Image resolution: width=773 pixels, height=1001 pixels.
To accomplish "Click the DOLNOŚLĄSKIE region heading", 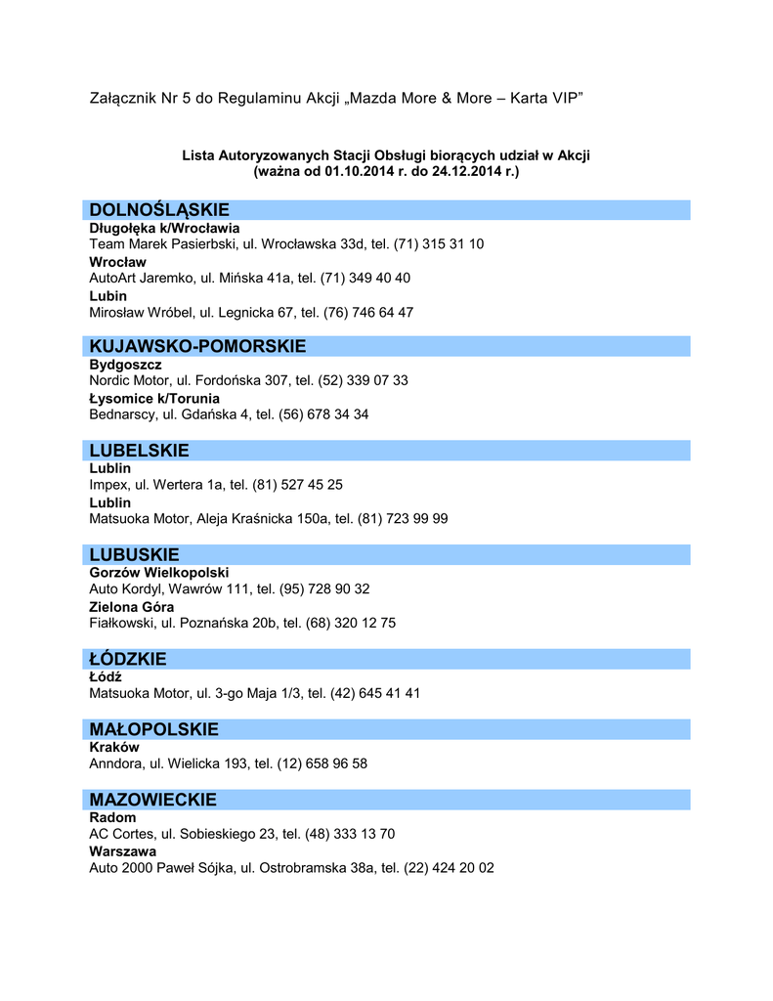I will coord(159,210).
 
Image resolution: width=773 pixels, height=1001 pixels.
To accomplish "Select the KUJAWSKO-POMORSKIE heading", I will coord(197,346).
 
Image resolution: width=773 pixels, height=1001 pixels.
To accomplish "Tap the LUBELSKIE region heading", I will coord(139,451).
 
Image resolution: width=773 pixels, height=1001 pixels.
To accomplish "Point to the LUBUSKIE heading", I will coord(135,554).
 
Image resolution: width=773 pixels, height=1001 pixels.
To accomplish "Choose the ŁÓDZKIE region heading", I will coord(128,659).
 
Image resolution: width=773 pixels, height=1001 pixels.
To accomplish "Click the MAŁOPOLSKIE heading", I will coord(153,729).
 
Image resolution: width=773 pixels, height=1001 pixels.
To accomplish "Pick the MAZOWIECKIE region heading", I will coord(152,800).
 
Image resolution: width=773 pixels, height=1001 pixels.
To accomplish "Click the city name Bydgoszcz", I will coord(125,365).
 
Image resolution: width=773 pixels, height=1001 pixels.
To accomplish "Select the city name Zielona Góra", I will coord(132,607).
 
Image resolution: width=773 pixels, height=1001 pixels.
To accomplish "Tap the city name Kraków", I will coord(114,747).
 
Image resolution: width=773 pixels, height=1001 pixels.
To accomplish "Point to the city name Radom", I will coord(113,817).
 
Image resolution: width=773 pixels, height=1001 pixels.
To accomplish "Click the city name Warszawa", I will coord(122,851).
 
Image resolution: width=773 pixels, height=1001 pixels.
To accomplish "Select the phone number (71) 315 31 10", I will coord(439,243).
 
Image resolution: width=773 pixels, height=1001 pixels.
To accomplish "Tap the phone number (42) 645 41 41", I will coord(376,693).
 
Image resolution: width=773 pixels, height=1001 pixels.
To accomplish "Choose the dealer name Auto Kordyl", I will coord(125,588).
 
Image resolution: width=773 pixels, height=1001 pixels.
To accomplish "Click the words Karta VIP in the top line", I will coord(547,99).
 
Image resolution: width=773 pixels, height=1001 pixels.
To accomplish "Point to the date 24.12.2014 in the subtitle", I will coord(465,171).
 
